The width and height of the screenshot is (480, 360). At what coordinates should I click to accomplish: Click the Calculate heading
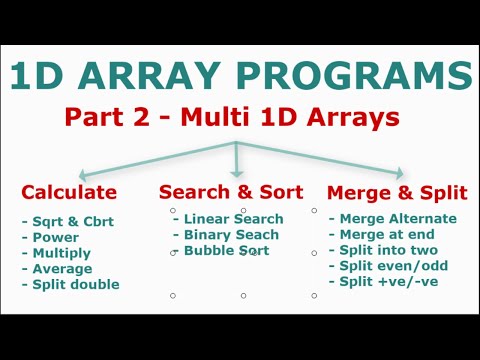pos(69,192)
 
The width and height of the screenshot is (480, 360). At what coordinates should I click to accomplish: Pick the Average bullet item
pos(60,268)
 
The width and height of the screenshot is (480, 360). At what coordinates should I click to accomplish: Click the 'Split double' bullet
pos(72,284)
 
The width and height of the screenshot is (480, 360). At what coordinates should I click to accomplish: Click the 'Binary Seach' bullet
pos(230,235)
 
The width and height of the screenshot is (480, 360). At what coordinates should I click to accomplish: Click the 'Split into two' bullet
pos(388,251)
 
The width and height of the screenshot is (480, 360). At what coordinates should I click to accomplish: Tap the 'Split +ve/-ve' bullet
pos(388,283)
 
